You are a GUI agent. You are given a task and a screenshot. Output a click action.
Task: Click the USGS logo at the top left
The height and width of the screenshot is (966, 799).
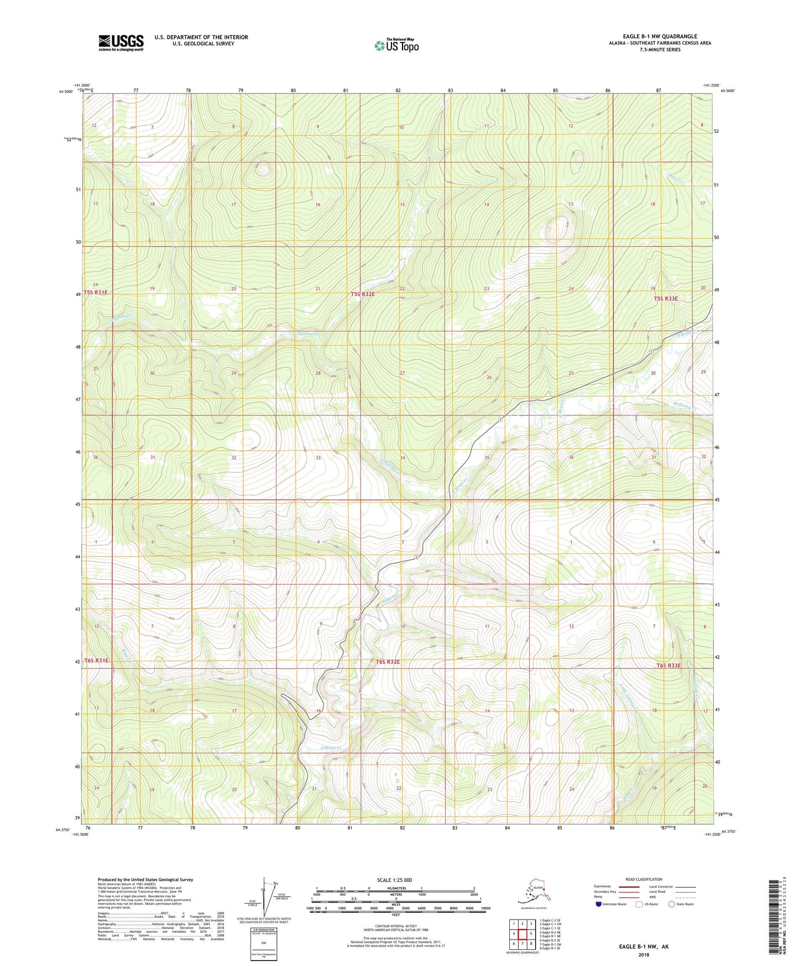pos(121,43)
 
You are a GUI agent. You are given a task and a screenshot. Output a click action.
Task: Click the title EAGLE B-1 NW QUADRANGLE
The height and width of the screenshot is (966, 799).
pos(652,37)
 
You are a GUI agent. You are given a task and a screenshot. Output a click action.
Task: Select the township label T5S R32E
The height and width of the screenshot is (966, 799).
pos(363,294)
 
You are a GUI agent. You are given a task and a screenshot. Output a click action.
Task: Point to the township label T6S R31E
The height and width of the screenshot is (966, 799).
pos(97,661)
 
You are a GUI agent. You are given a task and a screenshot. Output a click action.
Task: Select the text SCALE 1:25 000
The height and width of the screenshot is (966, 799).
pos(395,880)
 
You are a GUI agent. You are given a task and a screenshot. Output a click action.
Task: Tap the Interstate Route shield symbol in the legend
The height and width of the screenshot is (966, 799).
pos(598,904)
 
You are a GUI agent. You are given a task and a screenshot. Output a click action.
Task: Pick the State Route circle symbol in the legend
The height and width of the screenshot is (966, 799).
pos(671,904)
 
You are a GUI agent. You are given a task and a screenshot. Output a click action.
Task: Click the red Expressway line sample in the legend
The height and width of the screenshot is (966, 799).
pos(629,886)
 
